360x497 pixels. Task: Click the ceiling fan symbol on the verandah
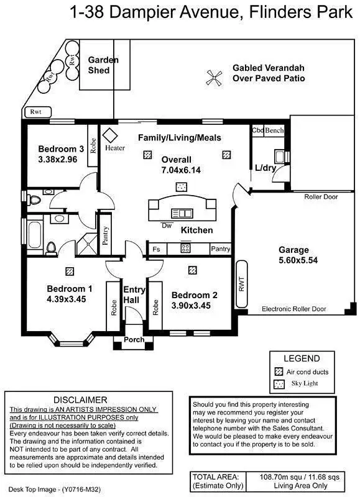coord(215,77)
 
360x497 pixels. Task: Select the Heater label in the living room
coord(115,148)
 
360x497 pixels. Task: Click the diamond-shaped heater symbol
coord(111,134)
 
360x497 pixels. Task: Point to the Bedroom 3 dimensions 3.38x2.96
coord(60,160)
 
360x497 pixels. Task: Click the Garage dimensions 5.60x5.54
coord(298,260)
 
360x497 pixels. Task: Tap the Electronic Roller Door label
coord(293,309)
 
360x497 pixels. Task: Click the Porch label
coord(134,340)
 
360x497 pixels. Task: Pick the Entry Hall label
coord(134,296)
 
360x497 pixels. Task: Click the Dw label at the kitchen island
coord(166,225)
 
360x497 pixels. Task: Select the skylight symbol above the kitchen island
coord(182,186)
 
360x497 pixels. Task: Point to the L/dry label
coord(266,167)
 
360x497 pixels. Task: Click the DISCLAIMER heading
coord(81,399)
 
